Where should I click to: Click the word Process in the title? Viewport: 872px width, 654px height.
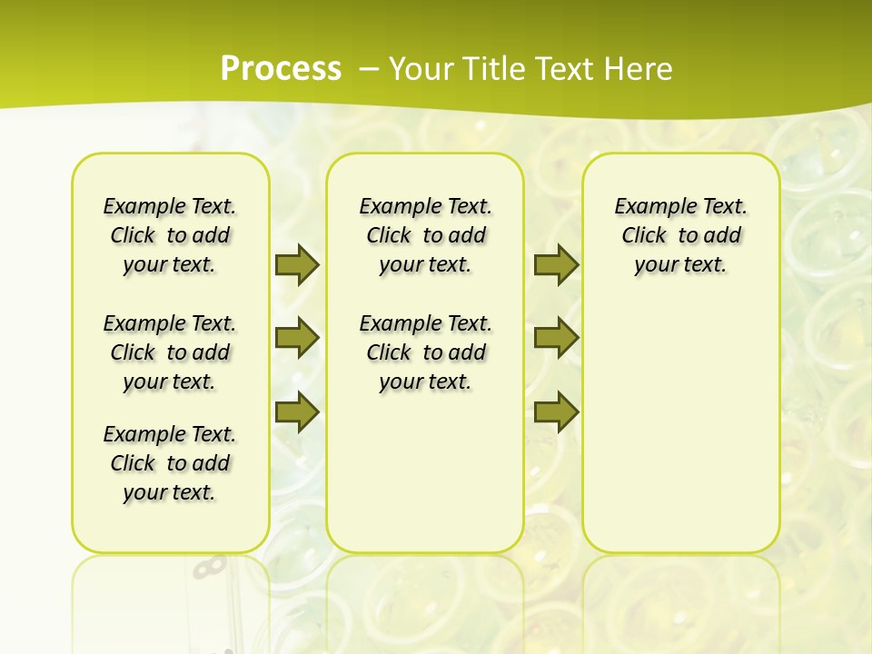coord(281,69)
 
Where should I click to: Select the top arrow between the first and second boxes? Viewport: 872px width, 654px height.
coord(297,264)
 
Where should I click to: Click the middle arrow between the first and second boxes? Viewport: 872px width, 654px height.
coord(297,338)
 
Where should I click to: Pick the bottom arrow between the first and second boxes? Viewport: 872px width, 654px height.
coord(297,411)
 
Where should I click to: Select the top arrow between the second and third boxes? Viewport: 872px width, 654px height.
coord(556,264)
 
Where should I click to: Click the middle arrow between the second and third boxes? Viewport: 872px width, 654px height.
coord(556,338)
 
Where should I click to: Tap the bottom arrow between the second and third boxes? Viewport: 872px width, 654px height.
coord(556,411)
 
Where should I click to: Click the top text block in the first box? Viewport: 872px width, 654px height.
coord(170,235)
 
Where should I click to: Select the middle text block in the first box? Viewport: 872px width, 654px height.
coord(170,352)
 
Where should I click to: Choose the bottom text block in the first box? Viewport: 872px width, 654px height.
coord(170,463)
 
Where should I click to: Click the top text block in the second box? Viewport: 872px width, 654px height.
coord(425,235)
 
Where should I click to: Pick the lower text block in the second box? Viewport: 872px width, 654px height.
coord(425,352)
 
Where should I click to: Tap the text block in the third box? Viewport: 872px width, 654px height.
coord(681,235)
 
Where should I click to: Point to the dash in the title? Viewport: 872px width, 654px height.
coord(369,69)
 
